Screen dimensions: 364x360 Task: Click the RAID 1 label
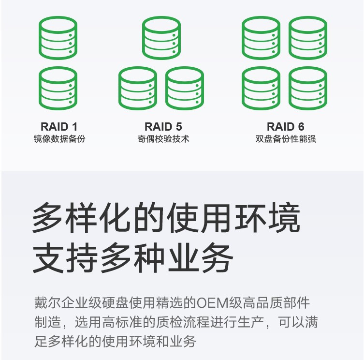[x=59, y=127]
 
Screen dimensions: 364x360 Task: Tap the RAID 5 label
[x=163, y=127]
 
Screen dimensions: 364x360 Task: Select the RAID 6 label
[x=286, y=127]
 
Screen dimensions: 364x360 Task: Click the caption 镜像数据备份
[x=59, y=139]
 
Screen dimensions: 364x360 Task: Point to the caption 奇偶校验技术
[x=163, y=139]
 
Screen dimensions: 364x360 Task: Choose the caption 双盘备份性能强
[x=286, y=139]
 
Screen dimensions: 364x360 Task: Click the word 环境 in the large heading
[x=267, y=218]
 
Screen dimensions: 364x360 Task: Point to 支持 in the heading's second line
[x=65, y=258]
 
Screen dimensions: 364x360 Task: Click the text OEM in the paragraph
[x=213, y=302]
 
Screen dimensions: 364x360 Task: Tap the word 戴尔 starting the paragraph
[x=47, y=302]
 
